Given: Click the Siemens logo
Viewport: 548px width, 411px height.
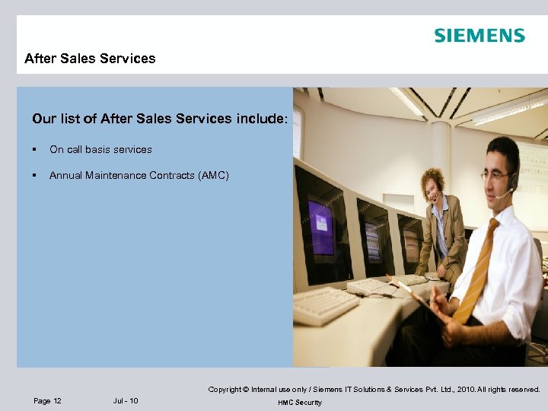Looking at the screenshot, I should coord(479,36).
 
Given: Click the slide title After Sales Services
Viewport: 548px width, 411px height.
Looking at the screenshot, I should coord(90,59).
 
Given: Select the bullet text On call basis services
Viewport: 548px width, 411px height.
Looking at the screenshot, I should coord(100,149).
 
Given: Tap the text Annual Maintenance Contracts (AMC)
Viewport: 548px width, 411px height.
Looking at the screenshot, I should coord(139,176).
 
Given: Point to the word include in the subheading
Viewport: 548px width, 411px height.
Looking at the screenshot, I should coord(262,119).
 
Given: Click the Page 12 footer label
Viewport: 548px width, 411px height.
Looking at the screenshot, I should coord(48,401).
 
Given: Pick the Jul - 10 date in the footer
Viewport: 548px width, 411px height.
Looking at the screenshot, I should coord(126,401).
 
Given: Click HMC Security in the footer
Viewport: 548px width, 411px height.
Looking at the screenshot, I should coord(300,403).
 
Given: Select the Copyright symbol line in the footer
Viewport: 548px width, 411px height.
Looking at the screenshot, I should coord(374,390).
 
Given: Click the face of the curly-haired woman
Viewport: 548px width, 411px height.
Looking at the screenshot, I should coord(435,185).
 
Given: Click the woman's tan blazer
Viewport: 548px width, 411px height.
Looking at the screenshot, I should coord(449,236).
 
